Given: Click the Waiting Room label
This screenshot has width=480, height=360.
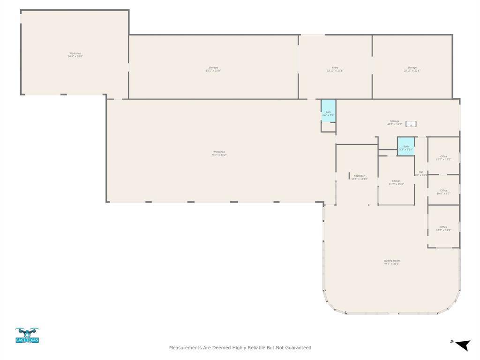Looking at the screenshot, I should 391,262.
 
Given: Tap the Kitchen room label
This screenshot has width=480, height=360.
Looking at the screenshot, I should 396,182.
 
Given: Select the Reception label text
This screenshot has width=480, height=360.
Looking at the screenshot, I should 360,177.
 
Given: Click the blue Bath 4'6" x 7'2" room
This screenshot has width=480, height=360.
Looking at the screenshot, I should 328,111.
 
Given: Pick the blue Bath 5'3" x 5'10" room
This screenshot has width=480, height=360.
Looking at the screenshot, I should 406,147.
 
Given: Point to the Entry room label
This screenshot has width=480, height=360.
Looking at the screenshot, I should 335,69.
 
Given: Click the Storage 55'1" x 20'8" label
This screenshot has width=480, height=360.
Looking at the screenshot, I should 213,69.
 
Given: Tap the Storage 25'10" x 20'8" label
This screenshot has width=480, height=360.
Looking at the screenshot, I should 412,69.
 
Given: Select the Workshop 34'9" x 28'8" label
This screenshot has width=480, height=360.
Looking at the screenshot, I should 75,54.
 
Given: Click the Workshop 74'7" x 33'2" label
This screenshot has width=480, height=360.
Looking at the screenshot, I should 219,153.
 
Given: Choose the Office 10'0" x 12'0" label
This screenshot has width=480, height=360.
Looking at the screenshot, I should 443,157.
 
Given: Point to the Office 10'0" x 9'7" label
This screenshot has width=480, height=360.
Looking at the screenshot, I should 443,192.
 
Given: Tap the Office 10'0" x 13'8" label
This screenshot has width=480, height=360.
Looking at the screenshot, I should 443,228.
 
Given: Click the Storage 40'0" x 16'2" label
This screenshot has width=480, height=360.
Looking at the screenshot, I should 394,122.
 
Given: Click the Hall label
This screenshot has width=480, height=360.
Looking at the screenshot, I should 421,173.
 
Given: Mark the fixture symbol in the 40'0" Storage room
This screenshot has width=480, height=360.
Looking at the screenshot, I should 411,124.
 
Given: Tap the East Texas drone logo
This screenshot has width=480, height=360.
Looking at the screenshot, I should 27,335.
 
